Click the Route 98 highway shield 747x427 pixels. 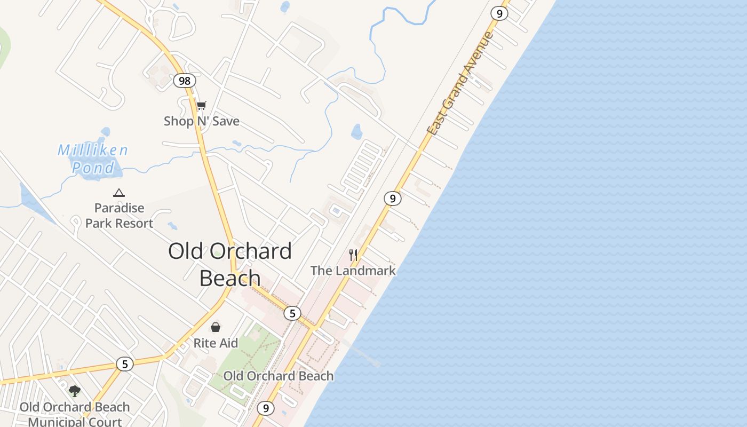(x=184, y=81)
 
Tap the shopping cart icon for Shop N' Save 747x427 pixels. (x=201, y=106)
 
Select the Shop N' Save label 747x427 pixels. (x=202, y=121)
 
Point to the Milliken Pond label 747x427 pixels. (x=93, y=159)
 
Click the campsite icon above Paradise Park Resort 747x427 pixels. (x=119, y=193)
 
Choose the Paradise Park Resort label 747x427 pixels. (x=120, y=216)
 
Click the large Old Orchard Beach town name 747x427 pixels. (x=230, y=264)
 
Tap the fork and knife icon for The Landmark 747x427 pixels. (x=353, y=255)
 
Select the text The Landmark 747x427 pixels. (x=353, y=271)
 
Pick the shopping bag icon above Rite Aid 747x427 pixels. (x=216, y=327)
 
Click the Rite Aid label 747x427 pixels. (x=216, y=343)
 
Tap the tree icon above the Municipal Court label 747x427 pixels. (x=75, y=391)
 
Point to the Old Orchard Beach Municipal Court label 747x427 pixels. (x=75, y=414)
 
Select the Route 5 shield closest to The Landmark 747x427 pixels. (x=292, y=313)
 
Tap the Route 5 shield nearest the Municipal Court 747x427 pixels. (x=125, y=364)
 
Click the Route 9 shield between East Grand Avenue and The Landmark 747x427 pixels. (x=392, y=199)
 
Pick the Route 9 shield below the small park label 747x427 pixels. (x=265, y=409)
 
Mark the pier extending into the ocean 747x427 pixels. (x=363, y=354)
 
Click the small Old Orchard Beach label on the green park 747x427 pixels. (x=279, y=376)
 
